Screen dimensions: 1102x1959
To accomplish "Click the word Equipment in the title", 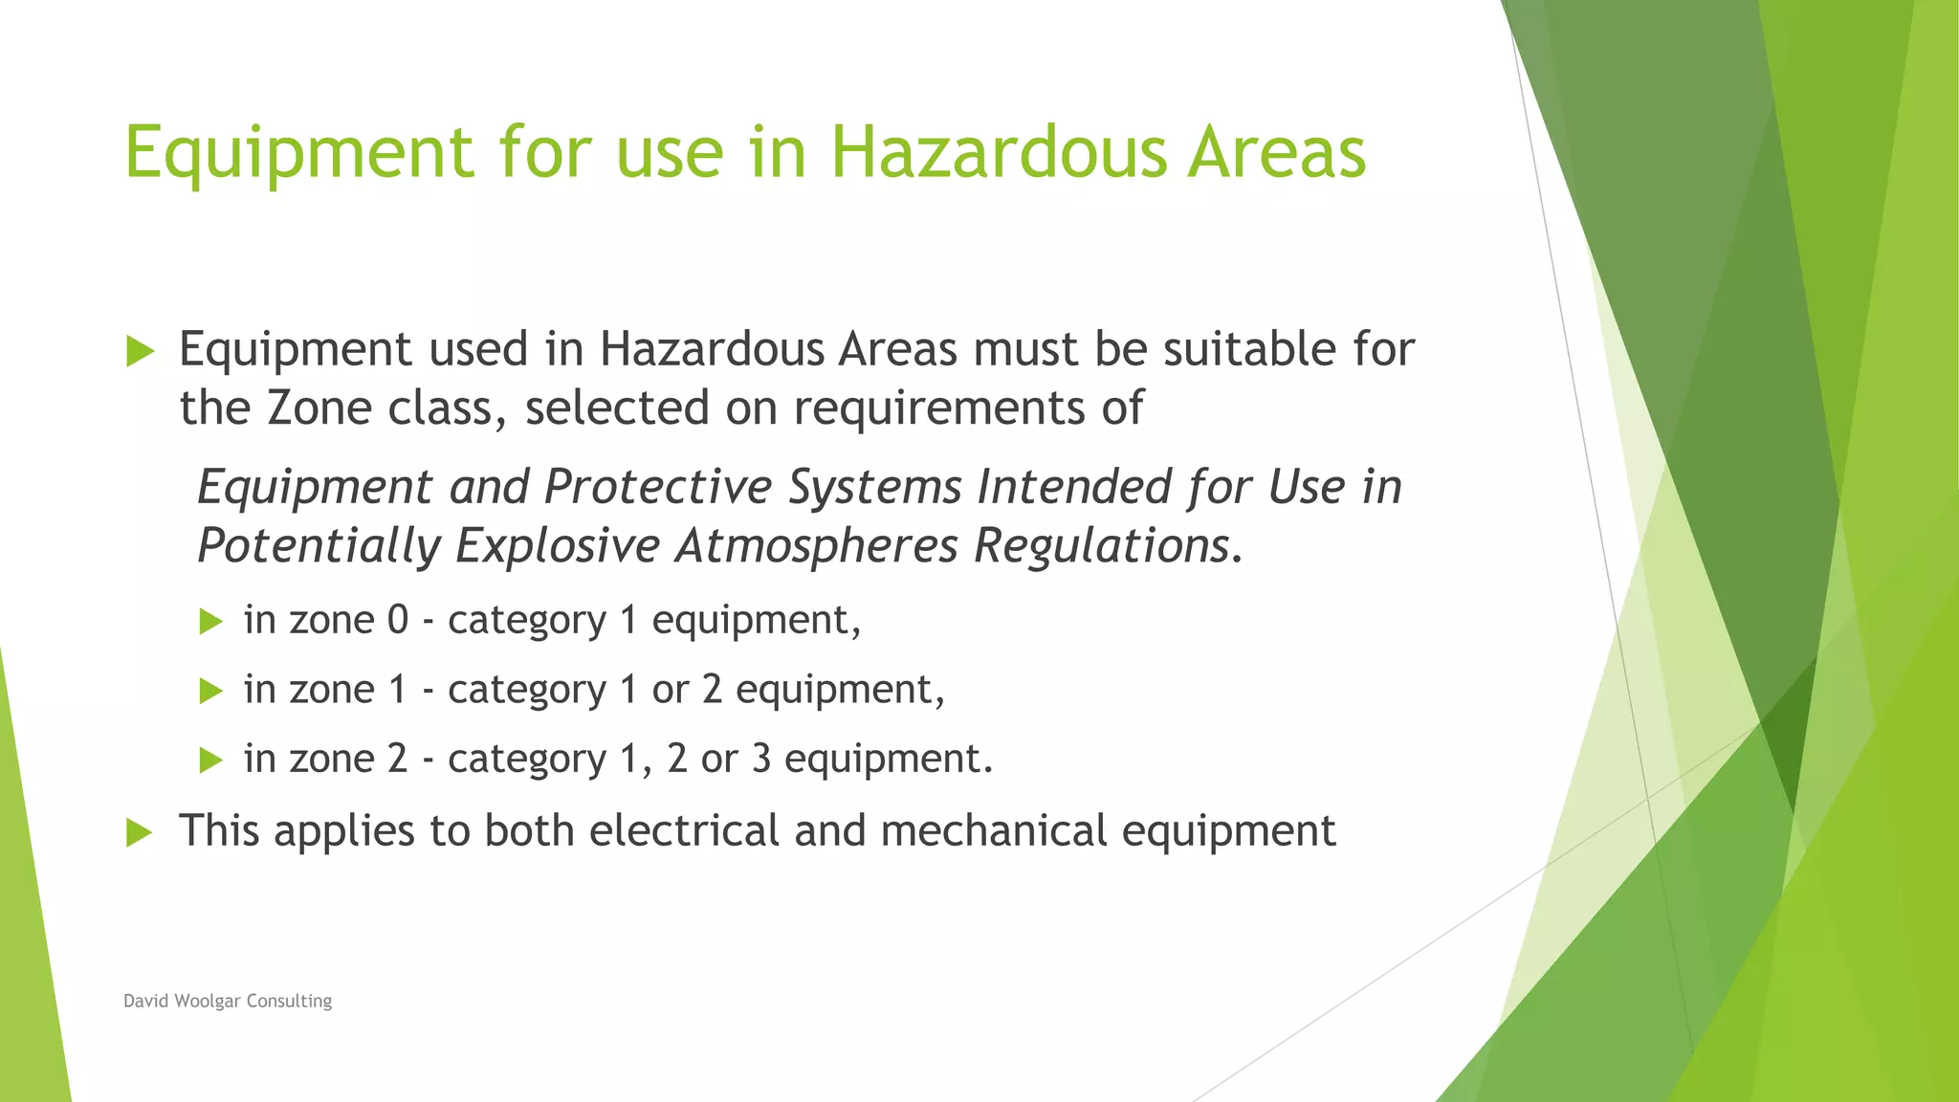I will pos(298,153).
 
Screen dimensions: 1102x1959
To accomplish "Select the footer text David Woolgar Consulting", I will pos(228,1001).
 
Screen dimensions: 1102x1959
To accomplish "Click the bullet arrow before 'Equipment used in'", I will pos(140,351).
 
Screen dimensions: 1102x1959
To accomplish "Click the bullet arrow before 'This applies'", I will pos(140,832).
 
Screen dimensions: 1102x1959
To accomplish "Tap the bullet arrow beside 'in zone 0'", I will pos(210,622).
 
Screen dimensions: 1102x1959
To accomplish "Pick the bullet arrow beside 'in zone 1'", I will pos(210,691).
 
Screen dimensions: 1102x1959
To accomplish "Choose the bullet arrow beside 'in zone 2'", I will pos(210,760).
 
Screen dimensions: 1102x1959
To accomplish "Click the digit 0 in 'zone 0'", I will pos(398,620).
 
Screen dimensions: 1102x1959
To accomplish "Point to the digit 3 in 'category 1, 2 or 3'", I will pos(760,759).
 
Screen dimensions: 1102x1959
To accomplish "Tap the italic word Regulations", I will pos(1101,546).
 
